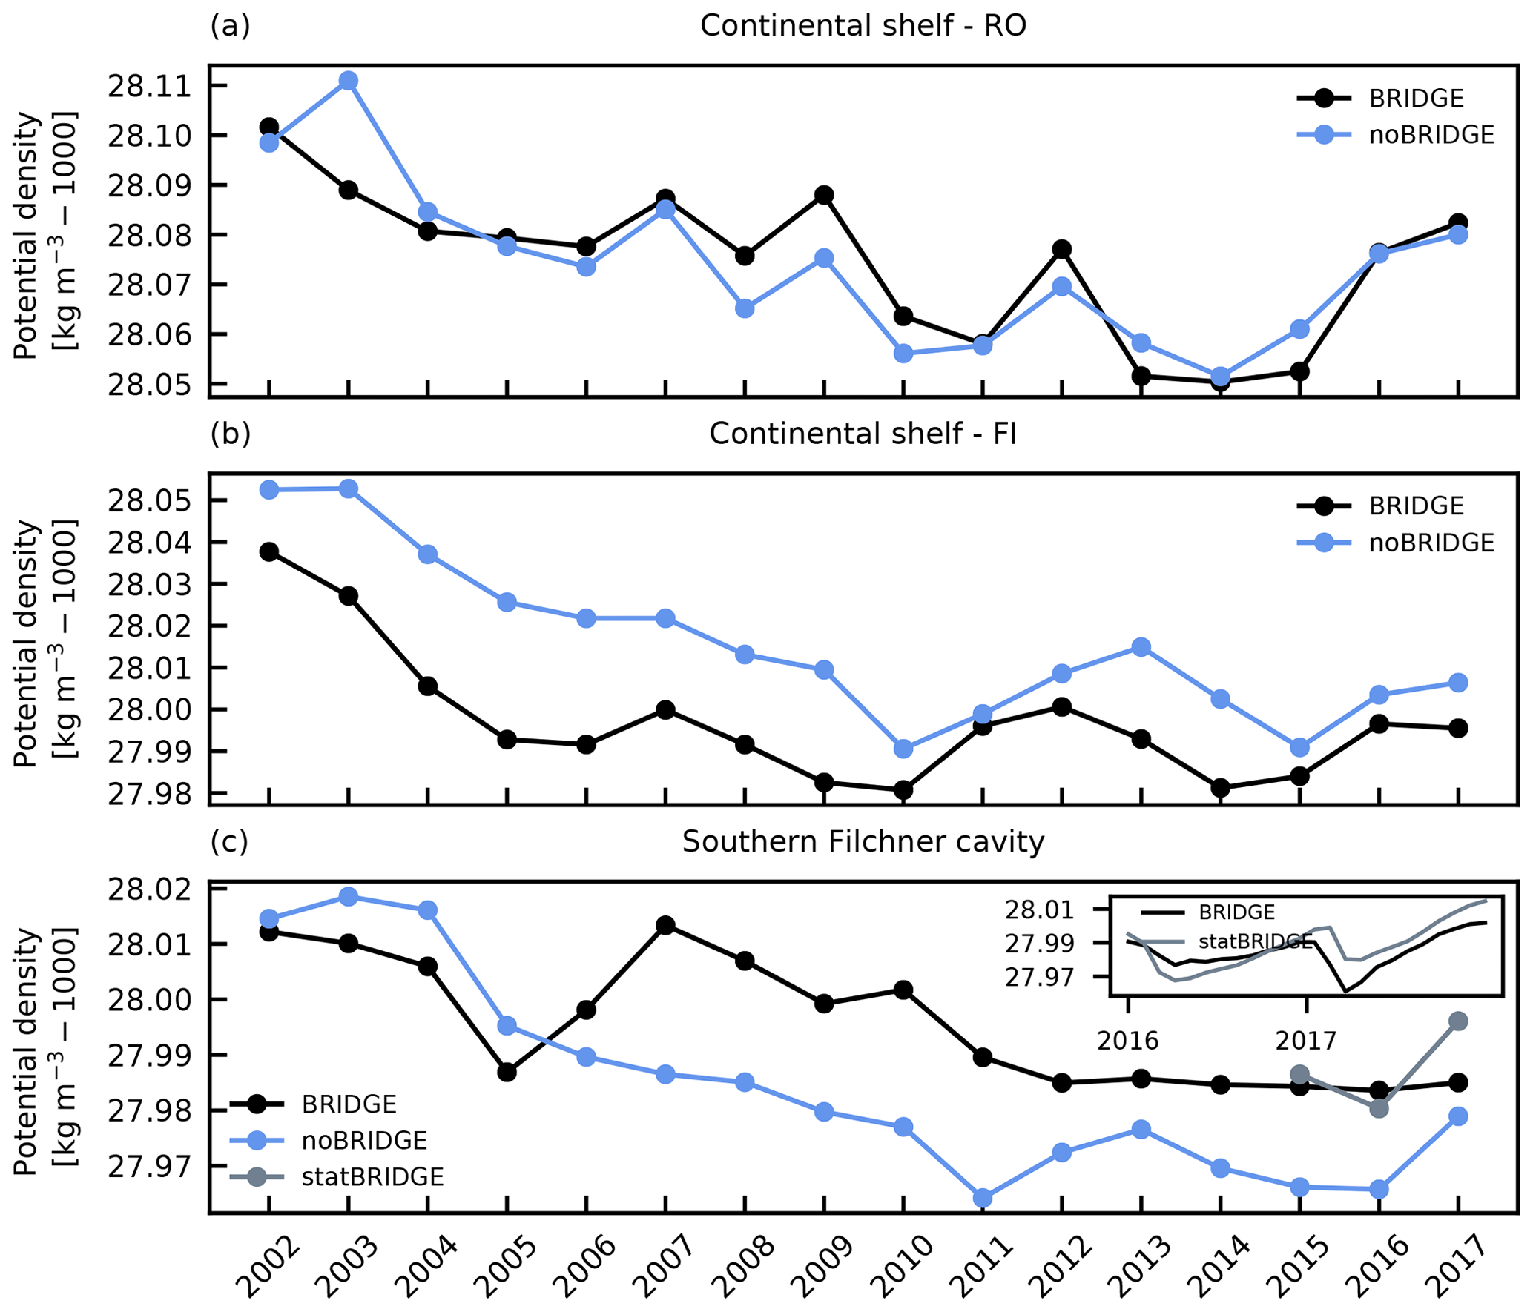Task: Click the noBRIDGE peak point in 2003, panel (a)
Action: click(x=349, y=81)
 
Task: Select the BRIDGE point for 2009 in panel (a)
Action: click(x=824, y=195)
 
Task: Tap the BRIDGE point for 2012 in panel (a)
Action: click(x=1062, y=248)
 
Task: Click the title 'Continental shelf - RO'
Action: click(x=863, y=27)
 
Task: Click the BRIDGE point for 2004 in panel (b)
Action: click(x=428, y=686)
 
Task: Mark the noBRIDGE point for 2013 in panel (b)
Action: click(x=1141, y=647)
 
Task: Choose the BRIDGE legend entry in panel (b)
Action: click(x=1416, y=506)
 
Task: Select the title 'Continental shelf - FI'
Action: click(x=863, y=434)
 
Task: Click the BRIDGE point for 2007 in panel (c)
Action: click(x=666, y=925)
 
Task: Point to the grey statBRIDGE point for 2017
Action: click(x=1458, y=1021)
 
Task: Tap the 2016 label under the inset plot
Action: click(x=1127, y=1041)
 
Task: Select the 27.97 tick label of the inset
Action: click(x=1039, y=978)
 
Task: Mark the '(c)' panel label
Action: click(x=229, y=841)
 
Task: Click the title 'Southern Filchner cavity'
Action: click(x=863, y=842)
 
